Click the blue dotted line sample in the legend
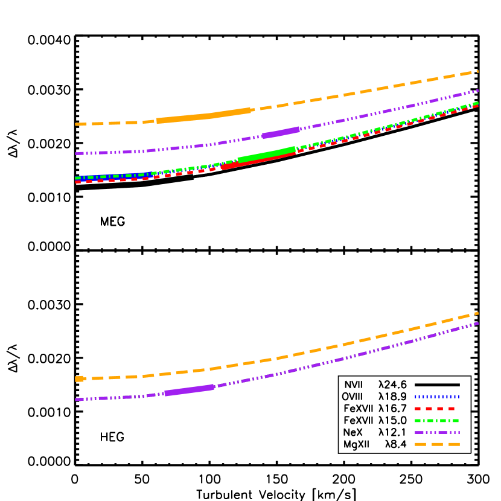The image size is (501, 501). (437, 397)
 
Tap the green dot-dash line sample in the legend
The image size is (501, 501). (437, 421)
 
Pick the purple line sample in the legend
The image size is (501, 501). (437, 432)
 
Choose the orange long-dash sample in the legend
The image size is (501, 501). (437, 444)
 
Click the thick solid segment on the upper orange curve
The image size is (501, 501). (204, 116)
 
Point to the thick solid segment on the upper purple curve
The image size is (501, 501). (281, 133)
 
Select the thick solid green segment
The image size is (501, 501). (267, 155)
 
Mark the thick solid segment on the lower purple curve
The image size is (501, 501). (189, 391)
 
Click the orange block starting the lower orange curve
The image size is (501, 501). (79, 379)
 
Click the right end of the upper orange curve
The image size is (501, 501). (477, 71)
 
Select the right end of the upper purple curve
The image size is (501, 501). (477, 91)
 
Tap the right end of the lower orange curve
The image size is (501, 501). (477, 313)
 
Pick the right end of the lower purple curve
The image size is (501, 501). (477, 324)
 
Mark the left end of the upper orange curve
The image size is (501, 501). (76, 124)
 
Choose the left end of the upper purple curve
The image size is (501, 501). (76, 153)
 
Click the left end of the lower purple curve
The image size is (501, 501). (76, 399)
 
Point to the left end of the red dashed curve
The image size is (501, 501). (76, 182)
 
